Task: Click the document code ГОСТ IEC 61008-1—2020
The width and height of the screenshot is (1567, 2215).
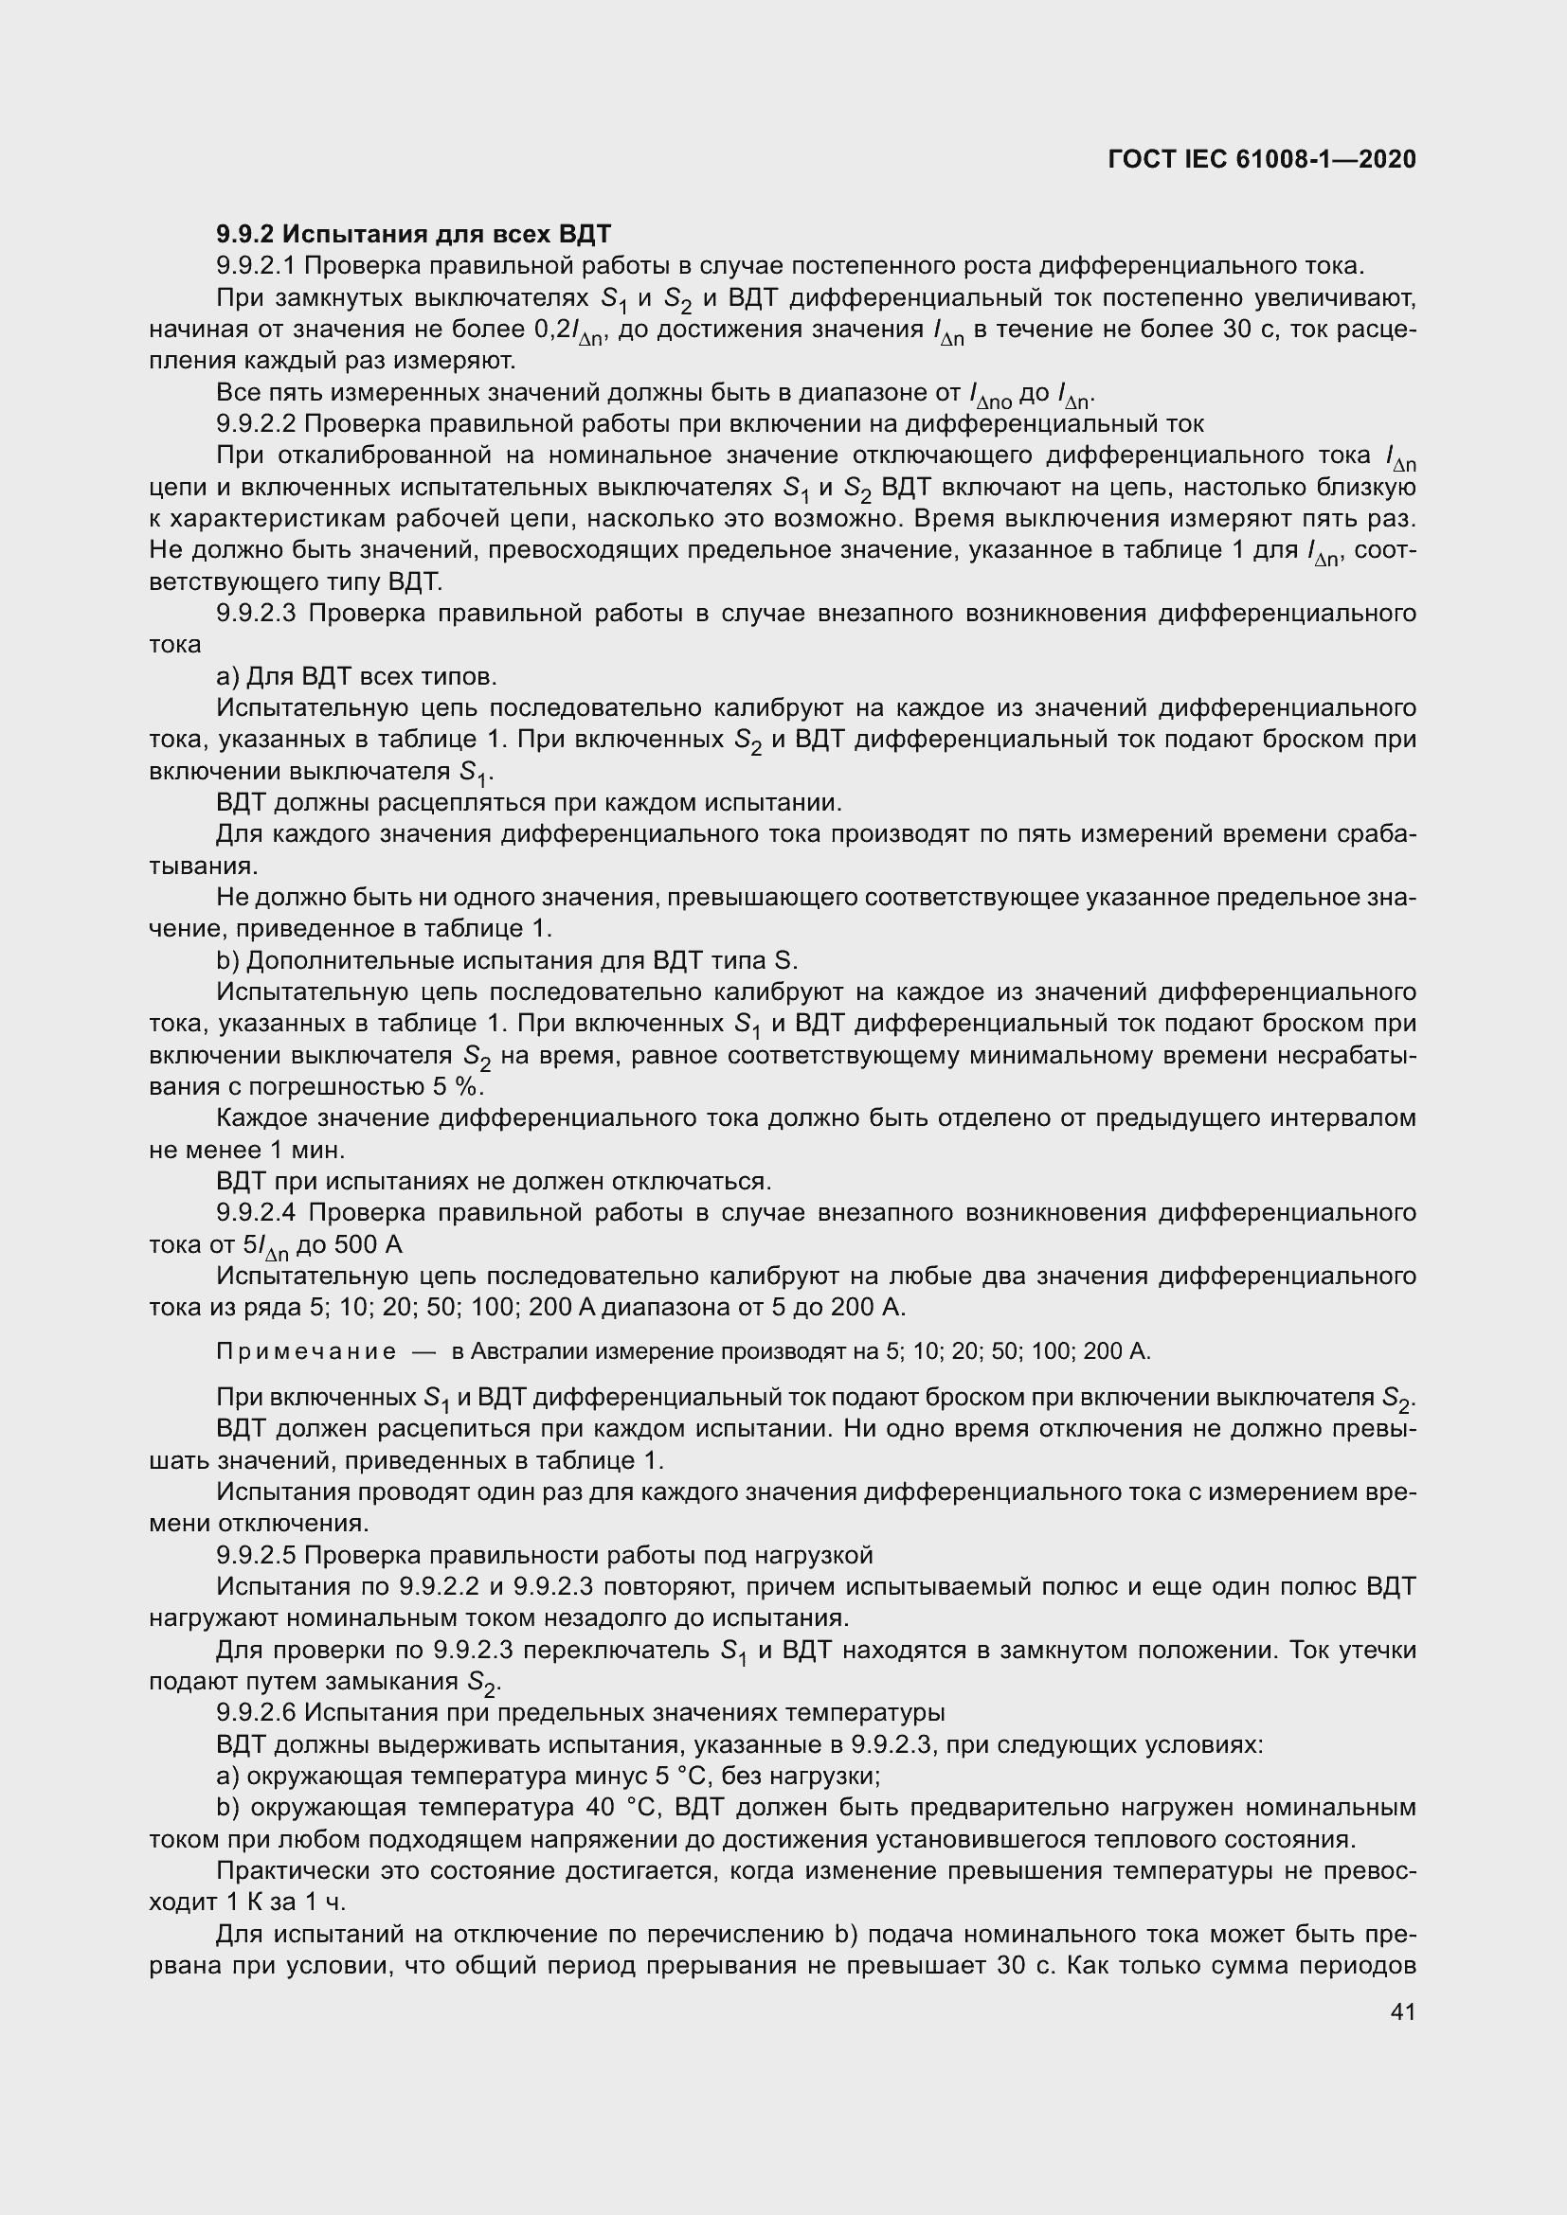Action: tap(1262, 159)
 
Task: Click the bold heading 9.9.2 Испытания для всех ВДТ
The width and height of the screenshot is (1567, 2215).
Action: tap(414, 235)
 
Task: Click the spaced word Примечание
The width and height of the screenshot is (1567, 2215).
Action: tap(306, 1351)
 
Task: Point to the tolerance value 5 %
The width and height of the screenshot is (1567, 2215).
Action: tap(456, 1086)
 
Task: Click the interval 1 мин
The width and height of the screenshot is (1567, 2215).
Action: tap(312, 1150)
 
